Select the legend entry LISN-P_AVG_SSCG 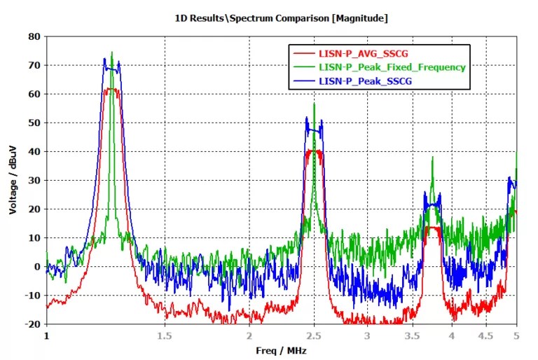pyautogui.click(x=354, y=53)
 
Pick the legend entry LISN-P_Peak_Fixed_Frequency pyautogui.click(x=392, y=67)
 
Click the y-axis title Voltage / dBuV pyautogui.click(x=13, y=179)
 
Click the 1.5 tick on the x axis pyautogui.click(x=165, y=335)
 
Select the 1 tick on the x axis pyautogui.click(x=47, y=335)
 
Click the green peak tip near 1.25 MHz pyautogui.click(x=112, y=53)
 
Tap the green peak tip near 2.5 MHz pyautogui.click(x=314, y=104)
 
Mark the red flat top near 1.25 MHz pyautogui.click(x=112, y=89)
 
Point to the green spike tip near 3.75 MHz pyautogui.click(x=432, y=158)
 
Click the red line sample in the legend pyautogui.click(x=303, y=53)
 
